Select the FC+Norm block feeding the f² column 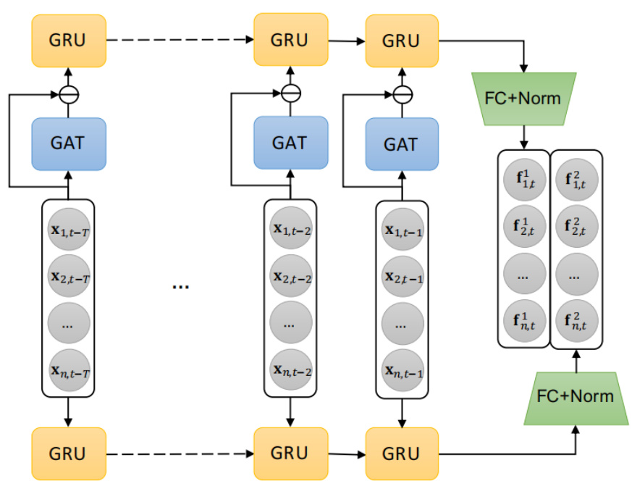tap(576, 396)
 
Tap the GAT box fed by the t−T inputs tap(69, 143)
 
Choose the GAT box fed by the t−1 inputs tap(401, 144)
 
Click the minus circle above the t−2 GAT tap(290, 93)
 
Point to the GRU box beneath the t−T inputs tap(69, 454)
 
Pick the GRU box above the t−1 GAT tap(401, 40)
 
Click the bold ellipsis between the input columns tap(180, 286)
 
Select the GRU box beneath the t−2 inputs tap(290, 454)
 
